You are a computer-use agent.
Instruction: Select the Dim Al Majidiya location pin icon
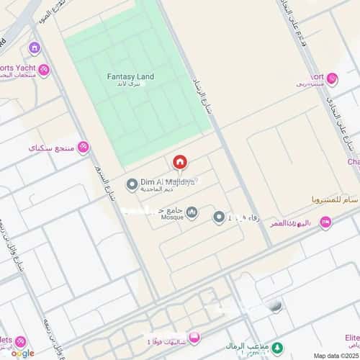(x=132, y=185)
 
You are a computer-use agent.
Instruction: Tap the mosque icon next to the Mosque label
(x=192, y=212)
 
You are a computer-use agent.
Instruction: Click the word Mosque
(x=172, y=215)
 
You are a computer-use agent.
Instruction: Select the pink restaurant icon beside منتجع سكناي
(x=84, y=148)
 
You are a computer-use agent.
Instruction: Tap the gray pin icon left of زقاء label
(x=218, y=217)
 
